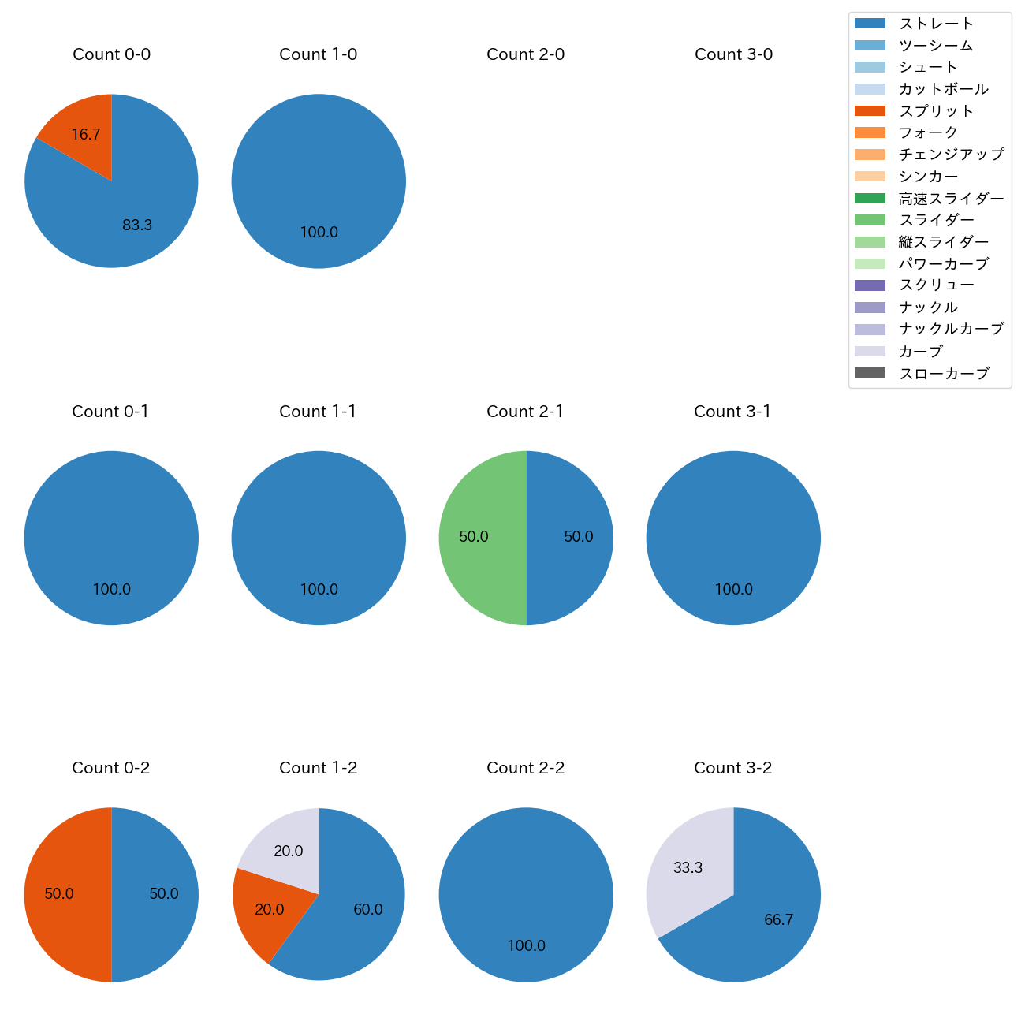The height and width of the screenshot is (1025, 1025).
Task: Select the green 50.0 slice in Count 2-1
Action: [475, 538]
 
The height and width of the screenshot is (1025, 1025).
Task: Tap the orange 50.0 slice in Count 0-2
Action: [60, 894]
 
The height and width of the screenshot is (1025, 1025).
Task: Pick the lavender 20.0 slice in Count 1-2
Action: [288, 850]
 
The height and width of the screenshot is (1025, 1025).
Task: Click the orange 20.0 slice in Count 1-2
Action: [269, 909]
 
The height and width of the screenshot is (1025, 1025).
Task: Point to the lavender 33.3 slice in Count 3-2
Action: [687, 867]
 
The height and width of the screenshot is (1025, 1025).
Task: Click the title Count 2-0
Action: [525, 54]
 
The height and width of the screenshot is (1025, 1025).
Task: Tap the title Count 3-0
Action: [733, 54]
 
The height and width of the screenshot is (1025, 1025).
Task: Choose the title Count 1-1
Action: [318, 412]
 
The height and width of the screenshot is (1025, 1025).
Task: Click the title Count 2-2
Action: [525, 768]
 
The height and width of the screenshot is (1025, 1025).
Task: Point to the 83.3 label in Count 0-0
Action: [137, 225]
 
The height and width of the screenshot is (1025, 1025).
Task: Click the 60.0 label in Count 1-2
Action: [367, 910]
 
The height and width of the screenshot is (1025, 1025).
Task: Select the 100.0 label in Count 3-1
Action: [733, 590]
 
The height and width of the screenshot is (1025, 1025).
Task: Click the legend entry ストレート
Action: [936, 24]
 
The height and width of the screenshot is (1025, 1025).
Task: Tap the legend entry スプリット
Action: [936, 111]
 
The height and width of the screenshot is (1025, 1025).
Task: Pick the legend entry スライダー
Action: [936, 220]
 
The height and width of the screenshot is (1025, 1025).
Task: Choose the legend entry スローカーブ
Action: [944, 373]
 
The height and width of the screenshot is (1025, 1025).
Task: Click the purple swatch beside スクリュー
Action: [870, 285]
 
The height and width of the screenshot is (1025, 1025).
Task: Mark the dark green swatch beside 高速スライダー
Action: [870, 198]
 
